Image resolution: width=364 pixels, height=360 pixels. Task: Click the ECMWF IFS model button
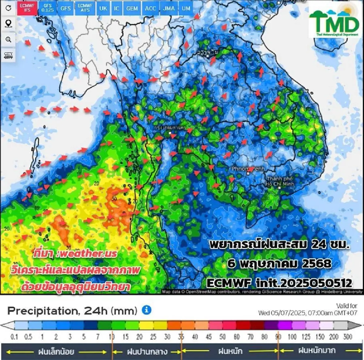pyautogui.click(x=27, y=8)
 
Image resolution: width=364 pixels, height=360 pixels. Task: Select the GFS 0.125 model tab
pyautogui.click(x=48, y=8)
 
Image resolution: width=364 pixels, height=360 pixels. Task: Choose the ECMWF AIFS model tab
pyautogui.click(x=85, y=8)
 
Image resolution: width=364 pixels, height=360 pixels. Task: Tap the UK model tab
pyautogui.click(x=103, y=8)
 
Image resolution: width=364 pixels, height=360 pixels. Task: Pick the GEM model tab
pyautogui.click(x=132, y=8)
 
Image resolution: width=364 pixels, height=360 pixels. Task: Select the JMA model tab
pyautogui.click(x=169, y=8)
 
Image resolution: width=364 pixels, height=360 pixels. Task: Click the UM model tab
pyautogui.click(x=186, y=8)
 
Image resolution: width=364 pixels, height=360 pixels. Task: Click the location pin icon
pyautogui.click(x=8, y=24)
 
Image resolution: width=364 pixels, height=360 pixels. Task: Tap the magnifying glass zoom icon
pyautogui.click(x=8, y=40)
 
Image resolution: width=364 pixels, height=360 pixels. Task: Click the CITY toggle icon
pyautogui.click(x=8, y=55)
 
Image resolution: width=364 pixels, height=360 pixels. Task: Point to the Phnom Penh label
pyautogui.click(x=248, y=169)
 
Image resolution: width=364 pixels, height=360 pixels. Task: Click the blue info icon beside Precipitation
pyautogui.click(x=147, y=310)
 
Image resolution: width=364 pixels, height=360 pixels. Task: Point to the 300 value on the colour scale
pyautogui.click(x=348, y=337)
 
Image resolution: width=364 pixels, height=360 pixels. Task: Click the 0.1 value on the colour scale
pyautogui.click(x=14, y=337)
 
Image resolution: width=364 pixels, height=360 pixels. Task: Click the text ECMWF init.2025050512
pyautogui.click(x=279, y=283)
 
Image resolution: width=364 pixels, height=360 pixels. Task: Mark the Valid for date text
pyautogui.click(x=308, y=312)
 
